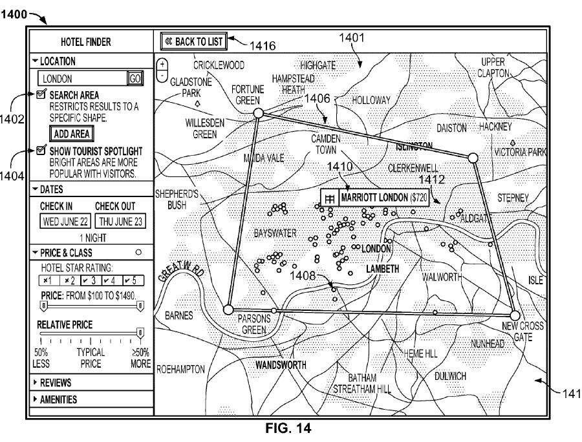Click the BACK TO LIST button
(x=193, y=42)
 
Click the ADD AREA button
(x=71, y=134)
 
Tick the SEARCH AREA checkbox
(x=41, y=95)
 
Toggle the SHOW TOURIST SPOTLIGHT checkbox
(x=41, y=151)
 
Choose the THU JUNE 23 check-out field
(x=120, y=221)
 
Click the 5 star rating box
(x=133, y=280)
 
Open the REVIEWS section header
(x=56, y=383)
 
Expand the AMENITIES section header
(x=58, y=399)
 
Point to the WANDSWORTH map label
(x=281, y=365)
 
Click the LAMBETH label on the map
(x=382, y=268)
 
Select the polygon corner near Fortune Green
(x=257, y=113)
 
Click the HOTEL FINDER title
(x=85, y=43)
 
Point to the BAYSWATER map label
(x=275, y=231)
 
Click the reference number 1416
(x=264, y=45)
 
